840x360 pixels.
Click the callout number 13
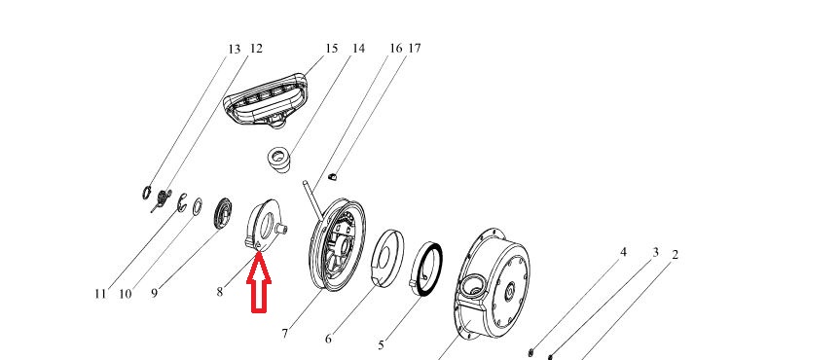point(235,50)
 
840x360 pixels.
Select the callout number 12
point(256,49)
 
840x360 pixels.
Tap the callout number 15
point(332,49)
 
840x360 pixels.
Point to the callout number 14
point(358,49)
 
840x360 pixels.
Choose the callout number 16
point(395,49)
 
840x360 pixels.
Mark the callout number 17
point(414,49)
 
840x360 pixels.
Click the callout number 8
point(220,292)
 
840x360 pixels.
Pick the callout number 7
point(284,333)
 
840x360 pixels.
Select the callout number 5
point(381,344)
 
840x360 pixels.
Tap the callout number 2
point(675,255)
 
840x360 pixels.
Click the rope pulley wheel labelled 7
point(338,245)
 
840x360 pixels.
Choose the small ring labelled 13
point(147,192)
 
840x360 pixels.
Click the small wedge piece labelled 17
point(332,176)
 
